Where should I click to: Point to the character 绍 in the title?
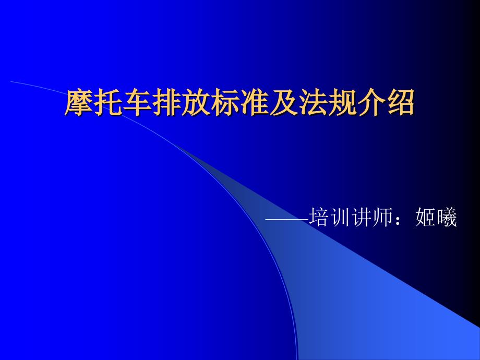400,103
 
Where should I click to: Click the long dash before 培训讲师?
287,219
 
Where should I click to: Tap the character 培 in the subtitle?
319,217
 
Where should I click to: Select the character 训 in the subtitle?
340,217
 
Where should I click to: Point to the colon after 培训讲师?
398,220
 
